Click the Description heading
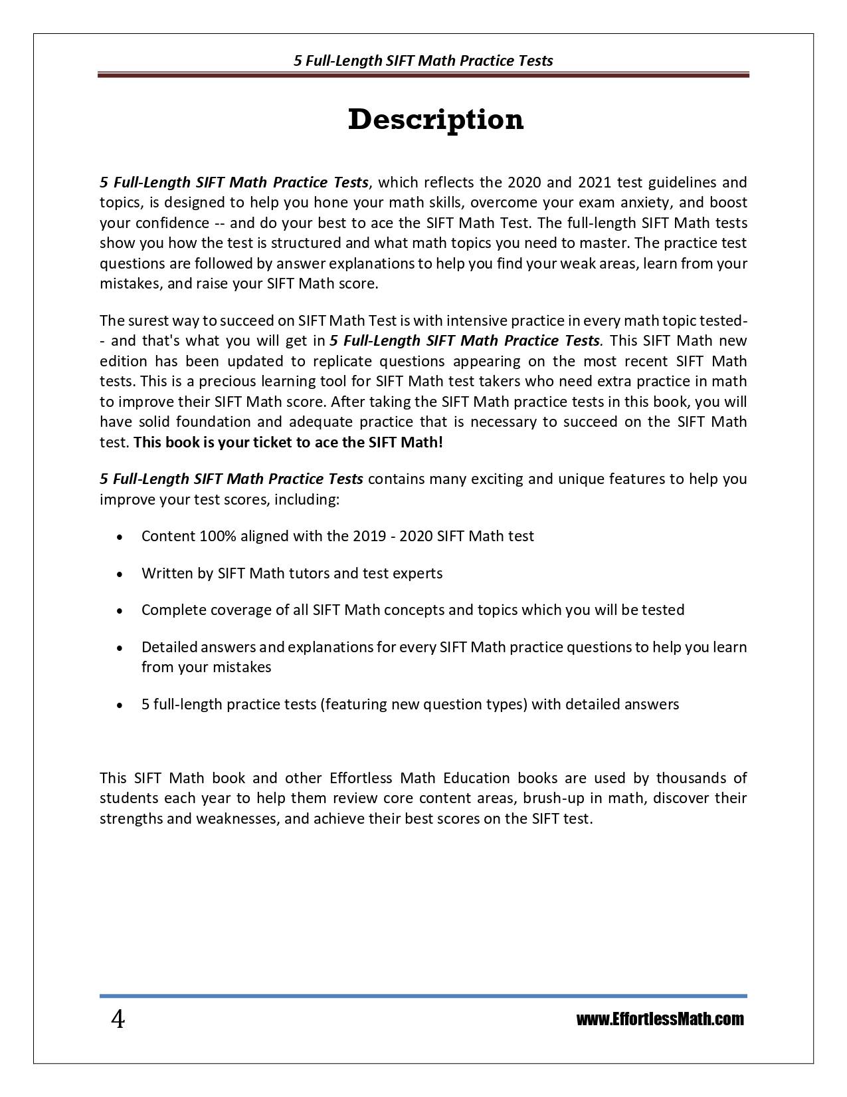pyautogui.click(x=436, y=120)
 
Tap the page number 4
pyautogui.click(x=117, y=1019)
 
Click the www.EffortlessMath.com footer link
pyautogui.click(x=660, y=1019)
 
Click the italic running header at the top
pyautogui.click(x=423, y=61)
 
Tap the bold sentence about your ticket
pyautogui.click(x=288, y=442)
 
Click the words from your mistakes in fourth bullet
pyautogui.click(x=206, y=667)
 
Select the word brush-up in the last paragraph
pyautogui.click(x=553, y=798)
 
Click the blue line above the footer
pyautogui.click(x=423, y=996)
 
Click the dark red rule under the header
pyautogui.click(x=423, y=75)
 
